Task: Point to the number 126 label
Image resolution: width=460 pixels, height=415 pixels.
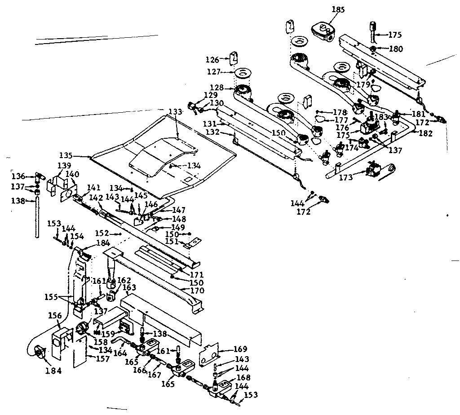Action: click(x=212, y=59)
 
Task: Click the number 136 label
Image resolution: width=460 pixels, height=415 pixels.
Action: click(x=18, y=176)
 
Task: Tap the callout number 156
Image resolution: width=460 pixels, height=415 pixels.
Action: click(x=55, y=315)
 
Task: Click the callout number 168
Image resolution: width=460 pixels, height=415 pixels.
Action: click(x=243, y=378)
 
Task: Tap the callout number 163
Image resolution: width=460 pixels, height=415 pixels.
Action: click(x=129, y=288)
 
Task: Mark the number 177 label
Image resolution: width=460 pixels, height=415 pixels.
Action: click(x=341, y=120)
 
